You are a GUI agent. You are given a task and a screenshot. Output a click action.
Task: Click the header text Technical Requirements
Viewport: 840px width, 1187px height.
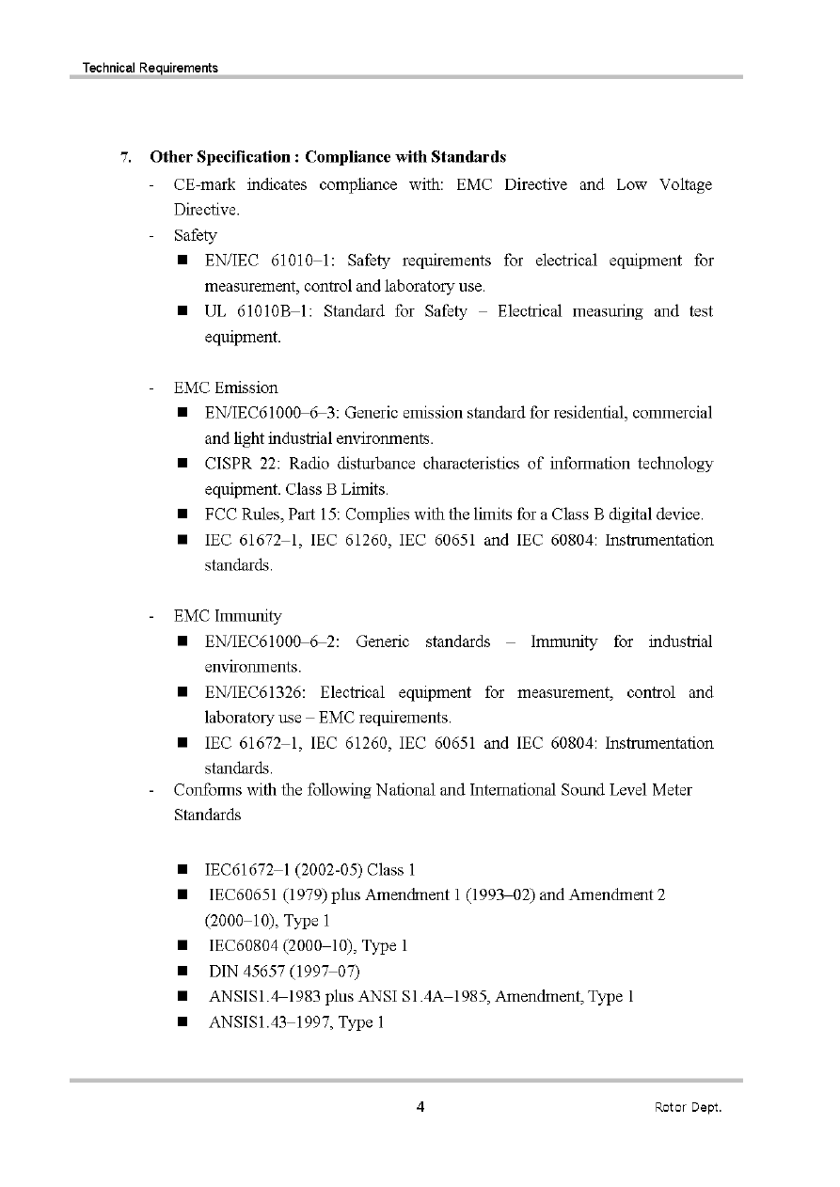pyautogui.click(x=151, y=68)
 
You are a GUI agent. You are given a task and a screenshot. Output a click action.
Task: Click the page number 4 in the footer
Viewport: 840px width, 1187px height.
pyautogui.click(x=420, y=1106)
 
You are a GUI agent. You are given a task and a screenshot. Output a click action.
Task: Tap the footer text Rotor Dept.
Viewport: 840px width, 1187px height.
pyautogui.click(x=688, y=1107)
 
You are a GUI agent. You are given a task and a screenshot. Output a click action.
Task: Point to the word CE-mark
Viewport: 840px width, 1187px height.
pyautogui.click(x=203, y=184)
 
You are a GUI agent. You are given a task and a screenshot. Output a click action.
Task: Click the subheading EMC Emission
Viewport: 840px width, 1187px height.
pyautogui.click(x=226, y=388)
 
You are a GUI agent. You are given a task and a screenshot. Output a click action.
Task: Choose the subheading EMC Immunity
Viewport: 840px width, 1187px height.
pyautogui.click(x=228, y=616)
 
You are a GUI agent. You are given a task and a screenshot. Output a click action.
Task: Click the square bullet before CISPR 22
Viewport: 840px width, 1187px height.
pyautogui.click(x=182, y=464)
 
